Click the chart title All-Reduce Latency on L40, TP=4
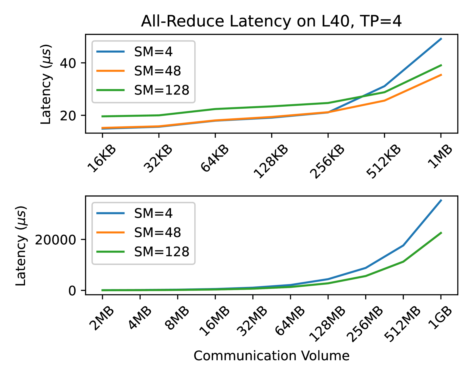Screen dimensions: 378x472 pyautogui.click(x=271, y=21)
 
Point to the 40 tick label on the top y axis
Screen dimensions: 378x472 pyautogui.click(x=68, y=63)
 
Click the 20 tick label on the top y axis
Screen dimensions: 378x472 pyautogui.click(x=68, y=115)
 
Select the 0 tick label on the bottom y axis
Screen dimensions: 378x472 pyautogui.click(x=72, y=291)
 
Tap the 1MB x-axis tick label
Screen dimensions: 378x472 pyautogui.click(x=440, y=156)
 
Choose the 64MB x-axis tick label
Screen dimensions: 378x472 pyautogui.click(x=290, y=321)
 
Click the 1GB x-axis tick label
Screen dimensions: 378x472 pyautogui.click(x=440, y=318)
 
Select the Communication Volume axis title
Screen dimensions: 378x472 pyautogui.click(x=271, y=356)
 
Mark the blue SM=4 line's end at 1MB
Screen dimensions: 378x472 pyautogui.click(x=441, y=38)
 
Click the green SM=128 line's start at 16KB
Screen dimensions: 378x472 pyautogui.click(x=102, y=116)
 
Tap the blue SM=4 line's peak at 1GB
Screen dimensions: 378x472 pyautogui.click(x=441, y=200)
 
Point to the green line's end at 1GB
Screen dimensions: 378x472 pyautogui.click(x=441, y=233)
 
